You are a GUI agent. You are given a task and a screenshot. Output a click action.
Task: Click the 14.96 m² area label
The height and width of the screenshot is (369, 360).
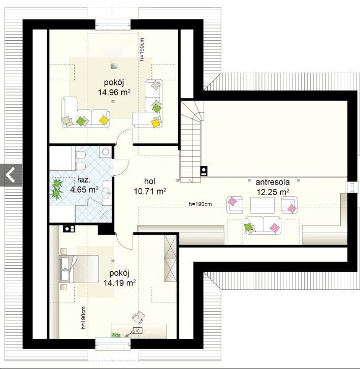(x=114, y=93)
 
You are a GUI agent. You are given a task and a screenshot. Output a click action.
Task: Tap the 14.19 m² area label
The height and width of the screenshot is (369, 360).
(x=120, y=283)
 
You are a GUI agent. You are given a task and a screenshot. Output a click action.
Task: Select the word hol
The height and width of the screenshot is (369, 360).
(x=150, y=181)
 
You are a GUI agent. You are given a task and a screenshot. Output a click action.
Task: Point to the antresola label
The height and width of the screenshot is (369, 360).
(x=273, y=182)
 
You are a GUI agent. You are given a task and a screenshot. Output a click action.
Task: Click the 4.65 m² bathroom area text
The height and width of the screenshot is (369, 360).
(x=84, y=190)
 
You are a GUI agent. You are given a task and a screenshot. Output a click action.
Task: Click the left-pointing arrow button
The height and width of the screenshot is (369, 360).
(x=11, y=175)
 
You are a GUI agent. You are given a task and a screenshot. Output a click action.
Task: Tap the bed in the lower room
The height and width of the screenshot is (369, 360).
(x=80, y=269)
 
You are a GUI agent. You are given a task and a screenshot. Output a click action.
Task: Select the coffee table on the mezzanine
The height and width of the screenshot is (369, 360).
(x=262, y=205)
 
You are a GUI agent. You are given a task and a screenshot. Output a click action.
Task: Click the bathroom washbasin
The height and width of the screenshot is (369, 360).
(x=107, y=193)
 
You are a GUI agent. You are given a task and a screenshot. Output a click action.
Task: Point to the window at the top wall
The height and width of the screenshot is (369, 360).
(x=113, y=24)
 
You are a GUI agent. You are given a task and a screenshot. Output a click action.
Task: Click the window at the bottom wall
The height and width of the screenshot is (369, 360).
(x=113, y=344)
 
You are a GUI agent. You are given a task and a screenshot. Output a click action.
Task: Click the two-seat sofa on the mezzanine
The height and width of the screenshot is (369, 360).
(x=263, y=225)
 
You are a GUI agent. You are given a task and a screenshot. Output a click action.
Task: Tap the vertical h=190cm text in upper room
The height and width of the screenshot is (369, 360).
(x=142, y=49)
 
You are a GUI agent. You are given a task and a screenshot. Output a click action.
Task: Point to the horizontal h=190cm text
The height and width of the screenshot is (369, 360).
(x=200, y=204)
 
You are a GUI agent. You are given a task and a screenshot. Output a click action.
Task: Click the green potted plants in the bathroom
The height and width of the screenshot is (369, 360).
(x=56, y=188)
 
